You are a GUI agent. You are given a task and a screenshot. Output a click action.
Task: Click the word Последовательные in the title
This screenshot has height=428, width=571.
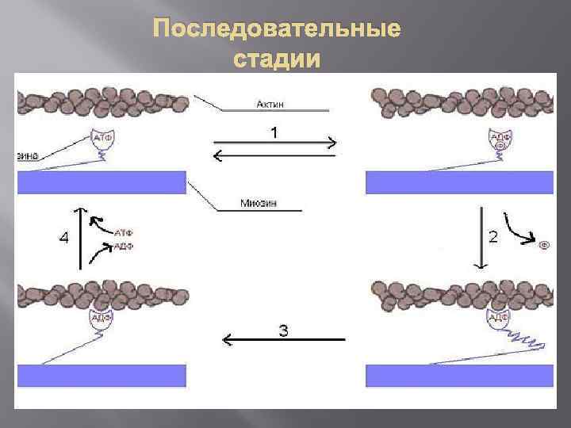tap(278, 30)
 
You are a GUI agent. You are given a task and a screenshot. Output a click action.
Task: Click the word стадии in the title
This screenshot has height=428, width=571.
tap(278, 59)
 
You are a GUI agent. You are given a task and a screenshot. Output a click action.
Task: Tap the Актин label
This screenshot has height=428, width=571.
tap(271, 103)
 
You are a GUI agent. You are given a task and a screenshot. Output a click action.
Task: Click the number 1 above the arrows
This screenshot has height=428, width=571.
tap(274, 133)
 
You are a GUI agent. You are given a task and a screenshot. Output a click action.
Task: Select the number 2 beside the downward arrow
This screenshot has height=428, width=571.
tap(492, 236)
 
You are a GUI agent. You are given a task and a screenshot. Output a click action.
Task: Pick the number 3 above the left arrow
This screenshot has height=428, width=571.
tap(283, 330)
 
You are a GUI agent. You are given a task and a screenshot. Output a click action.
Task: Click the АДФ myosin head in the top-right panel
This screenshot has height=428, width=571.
tap(500, 140)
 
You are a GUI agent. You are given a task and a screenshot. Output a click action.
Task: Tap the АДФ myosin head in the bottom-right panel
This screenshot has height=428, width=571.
tap(499, 318)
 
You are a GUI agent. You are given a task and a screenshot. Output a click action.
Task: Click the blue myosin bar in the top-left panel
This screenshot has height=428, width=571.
tap(102, 182)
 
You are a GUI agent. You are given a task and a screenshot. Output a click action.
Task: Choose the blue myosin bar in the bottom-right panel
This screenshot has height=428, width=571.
tap(459, 375)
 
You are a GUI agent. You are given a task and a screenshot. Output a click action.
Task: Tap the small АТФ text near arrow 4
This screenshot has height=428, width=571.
tap(123, 233)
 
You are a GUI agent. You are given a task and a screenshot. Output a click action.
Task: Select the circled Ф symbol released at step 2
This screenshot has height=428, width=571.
tap(544, 245)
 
